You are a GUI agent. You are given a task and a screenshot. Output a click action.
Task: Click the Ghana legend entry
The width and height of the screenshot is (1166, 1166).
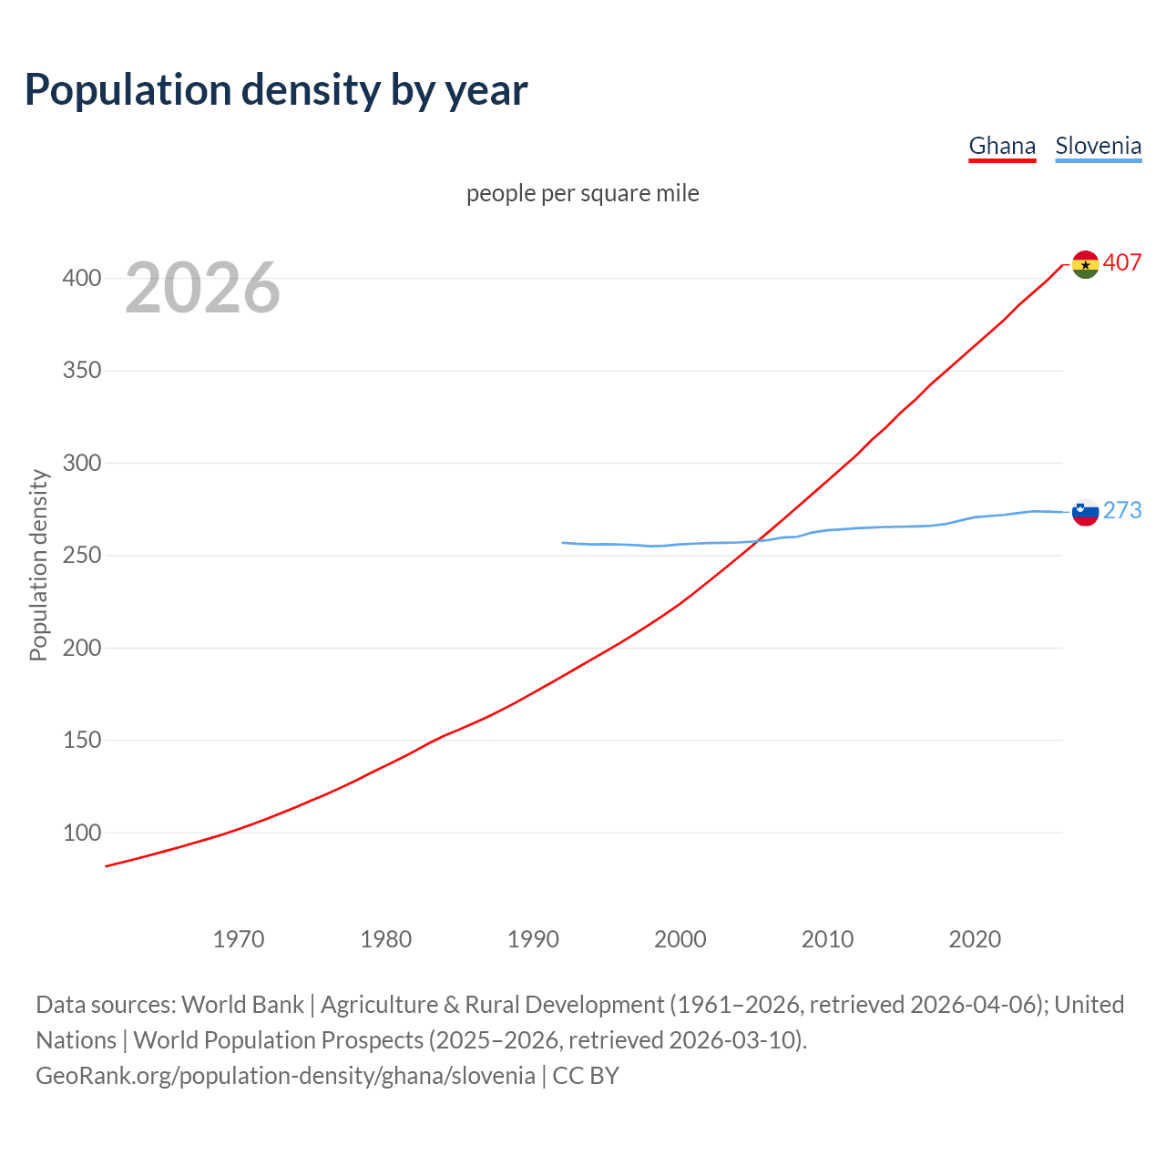point(1002,146)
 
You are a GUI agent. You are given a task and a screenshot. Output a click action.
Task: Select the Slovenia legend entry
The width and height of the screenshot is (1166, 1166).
point(1098,146)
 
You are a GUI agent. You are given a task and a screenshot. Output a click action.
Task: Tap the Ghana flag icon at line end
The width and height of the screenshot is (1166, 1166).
point(1085,264)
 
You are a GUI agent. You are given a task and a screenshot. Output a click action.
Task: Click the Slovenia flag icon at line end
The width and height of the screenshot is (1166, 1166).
point(1085,512)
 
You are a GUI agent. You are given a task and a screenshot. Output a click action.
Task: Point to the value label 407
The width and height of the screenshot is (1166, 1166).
point(1122,263)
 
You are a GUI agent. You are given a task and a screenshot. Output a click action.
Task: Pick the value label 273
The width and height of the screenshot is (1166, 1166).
point(1122,511)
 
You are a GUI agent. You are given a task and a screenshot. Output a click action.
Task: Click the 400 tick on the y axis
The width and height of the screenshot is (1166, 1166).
point(82,279)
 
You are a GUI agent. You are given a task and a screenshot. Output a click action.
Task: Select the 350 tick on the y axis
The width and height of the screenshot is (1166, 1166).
point(82,371)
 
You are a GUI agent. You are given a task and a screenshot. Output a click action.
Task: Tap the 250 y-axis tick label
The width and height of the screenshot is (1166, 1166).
point(82,556)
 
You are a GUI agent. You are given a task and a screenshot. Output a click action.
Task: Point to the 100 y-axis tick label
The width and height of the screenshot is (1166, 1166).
point(82,833)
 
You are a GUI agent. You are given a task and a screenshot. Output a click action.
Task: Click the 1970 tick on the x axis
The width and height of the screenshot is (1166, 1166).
point(239,939)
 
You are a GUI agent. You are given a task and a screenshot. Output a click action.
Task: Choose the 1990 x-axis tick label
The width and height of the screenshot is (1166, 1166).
point(533,939)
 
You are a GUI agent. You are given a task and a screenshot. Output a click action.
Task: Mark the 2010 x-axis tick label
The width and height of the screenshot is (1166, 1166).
point(827,939)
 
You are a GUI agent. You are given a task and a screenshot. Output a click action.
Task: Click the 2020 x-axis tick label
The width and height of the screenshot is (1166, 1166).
point(975,939)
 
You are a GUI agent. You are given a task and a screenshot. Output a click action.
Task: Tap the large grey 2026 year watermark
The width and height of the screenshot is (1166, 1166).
point(202,288)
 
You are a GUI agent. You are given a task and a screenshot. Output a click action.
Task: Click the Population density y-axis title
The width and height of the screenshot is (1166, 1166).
point(38,565)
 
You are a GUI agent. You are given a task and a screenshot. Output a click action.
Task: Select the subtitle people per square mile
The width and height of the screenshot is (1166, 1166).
point(583,194)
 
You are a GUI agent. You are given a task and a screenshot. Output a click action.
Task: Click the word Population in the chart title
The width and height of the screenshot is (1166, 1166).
point(128,90)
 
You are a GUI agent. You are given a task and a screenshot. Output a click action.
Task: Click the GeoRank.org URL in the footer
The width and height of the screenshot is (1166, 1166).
point(285,1076)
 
